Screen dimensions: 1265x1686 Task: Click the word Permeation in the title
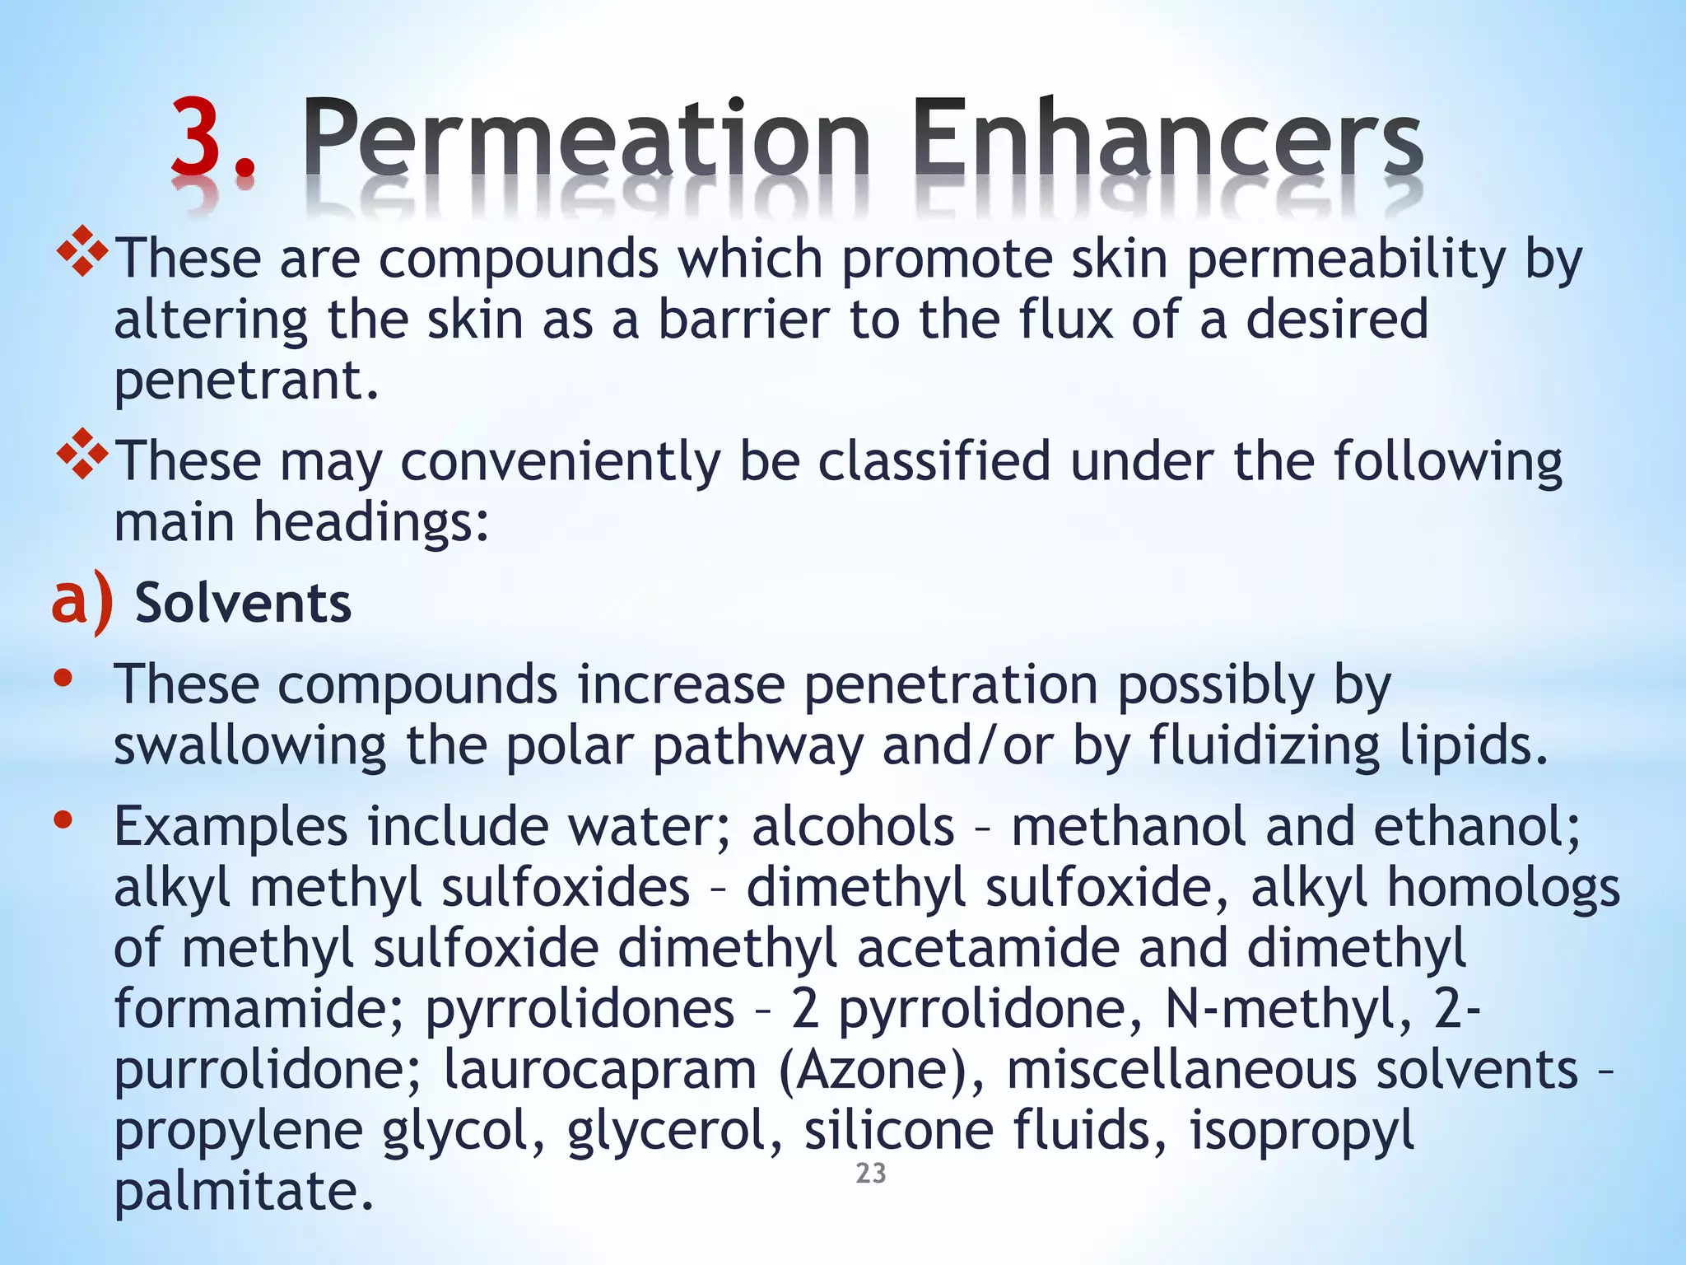[585, 140]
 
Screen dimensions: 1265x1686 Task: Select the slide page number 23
[870, 1173]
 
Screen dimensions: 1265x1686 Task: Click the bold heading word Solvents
[243, 603]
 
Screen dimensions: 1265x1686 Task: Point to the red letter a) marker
[82, 603]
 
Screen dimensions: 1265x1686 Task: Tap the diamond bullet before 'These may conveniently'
[82, 454]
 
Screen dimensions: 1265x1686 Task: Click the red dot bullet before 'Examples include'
[63, 820]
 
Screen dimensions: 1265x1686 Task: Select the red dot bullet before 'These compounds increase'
[63, 679]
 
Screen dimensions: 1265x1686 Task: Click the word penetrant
[245, 380]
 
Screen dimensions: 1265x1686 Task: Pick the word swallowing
[249, 746]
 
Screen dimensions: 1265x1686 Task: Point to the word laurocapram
[600, 1069]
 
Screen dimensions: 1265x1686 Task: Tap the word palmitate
[243, 1191]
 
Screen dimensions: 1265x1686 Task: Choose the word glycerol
[674, 1130]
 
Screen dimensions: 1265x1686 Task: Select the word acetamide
[988, 947]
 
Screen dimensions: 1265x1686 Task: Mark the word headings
[370, 524]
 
